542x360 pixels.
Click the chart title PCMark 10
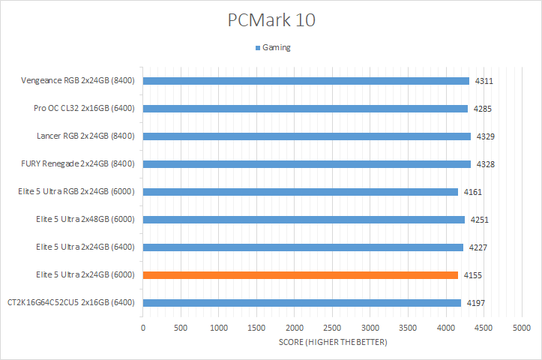(x=271, y=20)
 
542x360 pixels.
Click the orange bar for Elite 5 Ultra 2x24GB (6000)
(x=300, y=275)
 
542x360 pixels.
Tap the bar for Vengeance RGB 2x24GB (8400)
(x=306, y=81)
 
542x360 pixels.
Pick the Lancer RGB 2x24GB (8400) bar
(x=307, y=136)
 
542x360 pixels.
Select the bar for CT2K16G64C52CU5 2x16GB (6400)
(x=301, y=303)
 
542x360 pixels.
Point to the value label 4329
(x=484, y=136)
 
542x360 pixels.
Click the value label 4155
(x=472, y=275)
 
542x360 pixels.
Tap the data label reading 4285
(x=482, y=109)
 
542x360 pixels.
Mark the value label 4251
(x=479, y=220)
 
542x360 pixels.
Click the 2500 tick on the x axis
(x=332, y=328)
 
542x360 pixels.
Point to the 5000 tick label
(x=522, y=328)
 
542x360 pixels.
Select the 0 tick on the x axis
(x=143, y=328)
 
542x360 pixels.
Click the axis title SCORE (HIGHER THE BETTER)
(x=332, y=343)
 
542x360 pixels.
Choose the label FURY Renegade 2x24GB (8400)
(x=78, y=164)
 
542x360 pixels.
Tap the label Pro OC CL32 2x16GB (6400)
(x=83, y=109)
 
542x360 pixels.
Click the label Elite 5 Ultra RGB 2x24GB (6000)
(x=76, y=192)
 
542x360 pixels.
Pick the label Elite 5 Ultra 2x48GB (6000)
(x=84, y=220)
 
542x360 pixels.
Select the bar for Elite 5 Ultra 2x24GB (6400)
(x=303, y=247)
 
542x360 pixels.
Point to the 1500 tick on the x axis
(x=256, y=328)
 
